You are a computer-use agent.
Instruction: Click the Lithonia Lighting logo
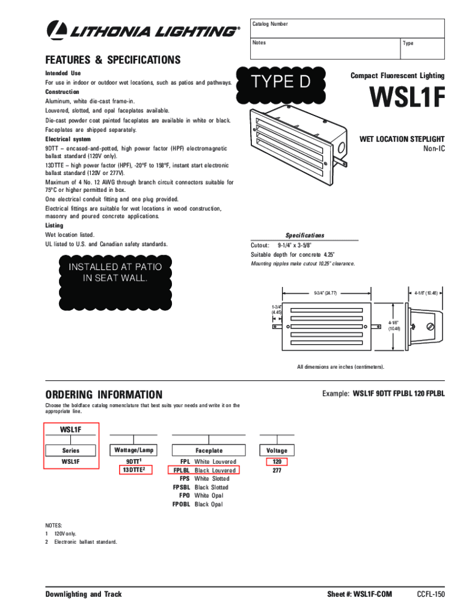click(x=142, y=29)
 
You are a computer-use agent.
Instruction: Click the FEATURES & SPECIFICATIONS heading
click(x=113, y=60)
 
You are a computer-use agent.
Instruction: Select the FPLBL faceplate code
click(x=182, y=470)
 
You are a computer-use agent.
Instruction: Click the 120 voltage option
click(x=277, y=461)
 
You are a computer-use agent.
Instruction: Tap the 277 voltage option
click(x=277, y=470)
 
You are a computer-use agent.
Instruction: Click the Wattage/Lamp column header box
click(x=133, y=450)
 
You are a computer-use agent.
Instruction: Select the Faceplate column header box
click(x=209, y=450)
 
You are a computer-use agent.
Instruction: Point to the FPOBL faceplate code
click(x=181, y=504)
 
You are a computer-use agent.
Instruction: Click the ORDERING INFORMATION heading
click(x=104, y=395)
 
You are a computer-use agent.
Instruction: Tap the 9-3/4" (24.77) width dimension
click(x=325, y=293)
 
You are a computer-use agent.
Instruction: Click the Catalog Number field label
click(x=270, y=24)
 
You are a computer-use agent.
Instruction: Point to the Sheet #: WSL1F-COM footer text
click(x=359, y=594)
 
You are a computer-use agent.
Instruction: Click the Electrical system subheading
click(x=68, y=139)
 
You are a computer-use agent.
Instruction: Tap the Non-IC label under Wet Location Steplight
click(x=434, y=149)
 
